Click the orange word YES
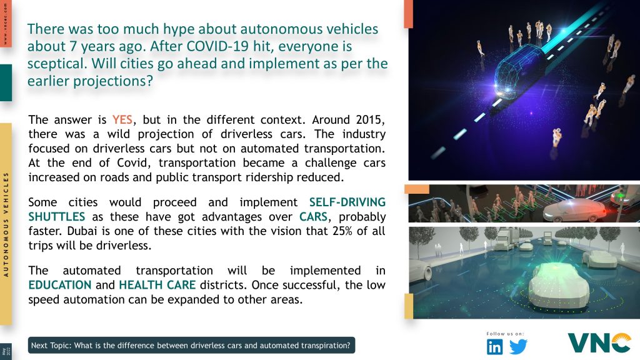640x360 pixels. point(122,119)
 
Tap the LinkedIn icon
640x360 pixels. point(495,347)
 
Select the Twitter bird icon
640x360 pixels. point(518,347)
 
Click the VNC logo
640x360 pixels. point(599,343)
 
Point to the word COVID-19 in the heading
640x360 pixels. point(218,46)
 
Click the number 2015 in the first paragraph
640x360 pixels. point(370,119)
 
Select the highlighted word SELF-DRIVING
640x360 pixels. point(347,202)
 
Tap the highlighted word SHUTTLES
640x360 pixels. point(57,217)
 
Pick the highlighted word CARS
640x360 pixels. point(314,217)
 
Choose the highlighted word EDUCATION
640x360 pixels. point(60,285)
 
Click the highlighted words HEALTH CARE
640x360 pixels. point(157,285)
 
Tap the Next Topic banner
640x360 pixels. point(191,345)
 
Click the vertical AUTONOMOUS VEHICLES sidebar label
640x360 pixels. point(6,224)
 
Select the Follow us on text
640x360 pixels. point(505,334)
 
